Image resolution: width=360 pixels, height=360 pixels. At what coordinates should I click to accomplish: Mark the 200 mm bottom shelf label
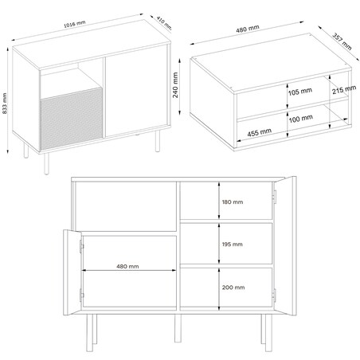point(233,288)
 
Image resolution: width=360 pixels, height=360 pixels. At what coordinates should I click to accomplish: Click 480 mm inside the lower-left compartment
point(127,268)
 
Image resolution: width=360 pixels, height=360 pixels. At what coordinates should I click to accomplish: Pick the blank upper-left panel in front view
point(123,205)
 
